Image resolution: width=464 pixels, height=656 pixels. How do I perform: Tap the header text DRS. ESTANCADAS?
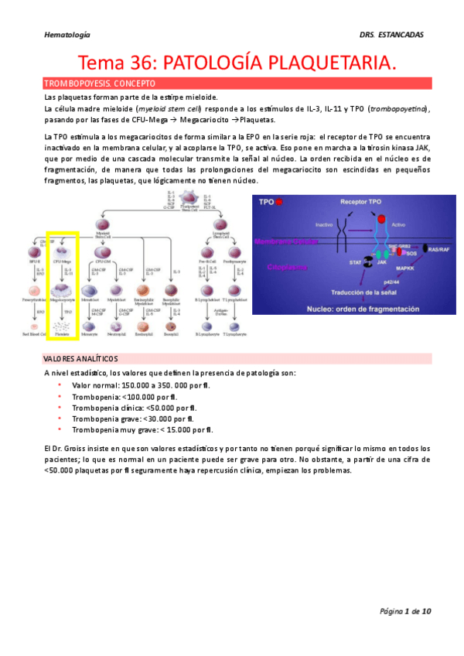(x=392, y=35)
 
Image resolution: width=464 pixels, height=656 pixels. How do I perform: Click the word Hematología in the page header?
(x=67, y=35)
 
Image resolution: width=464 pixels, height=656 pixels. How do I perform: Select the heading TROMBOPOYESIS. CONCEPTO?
(x=100, y=83)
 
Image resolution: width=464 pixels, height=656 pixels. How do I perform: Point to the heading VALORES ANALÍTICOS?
(x=81, y=359)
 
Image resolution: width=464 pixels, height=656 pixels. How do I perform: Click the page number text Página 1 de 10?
(x=405, y=611)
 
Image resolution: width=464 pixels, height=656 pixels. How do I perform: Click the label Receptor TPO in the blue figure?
(x=361, y=201)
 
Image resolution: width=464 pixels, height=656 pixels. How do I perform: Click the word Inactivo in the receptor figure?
(x=302, y=225)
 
